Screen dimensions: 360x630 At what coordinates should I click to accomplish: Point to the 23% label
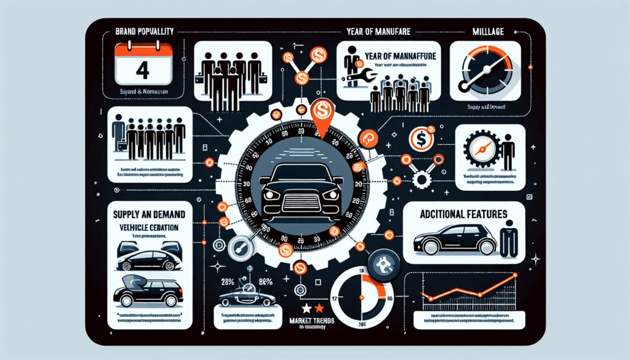[228, 282]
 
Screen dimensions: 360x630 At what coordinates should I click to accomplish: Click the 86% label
[267, 282]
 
